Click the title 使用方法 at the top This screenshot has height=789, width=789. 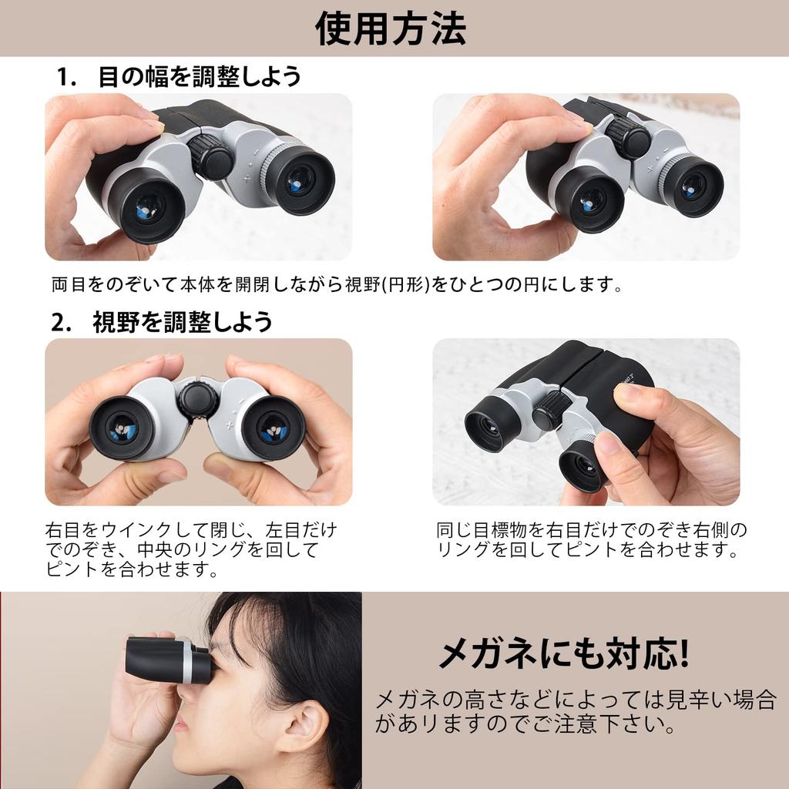391,29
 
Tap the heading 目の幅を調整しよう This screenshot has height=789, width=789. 199,77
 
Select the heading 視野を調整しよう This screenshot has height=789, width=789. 183,322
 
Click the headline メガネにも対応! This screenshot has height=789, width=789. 563,655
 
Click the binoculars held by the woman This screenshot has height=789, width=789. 168,660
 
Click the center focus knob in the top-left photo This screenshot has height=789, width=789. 211,156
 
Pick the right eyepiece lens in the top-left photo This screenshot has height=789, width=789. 300,181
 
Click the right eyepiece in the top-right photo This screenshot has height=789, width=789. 693,186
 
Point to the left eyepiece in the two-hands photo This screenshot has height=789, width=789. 121,428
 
